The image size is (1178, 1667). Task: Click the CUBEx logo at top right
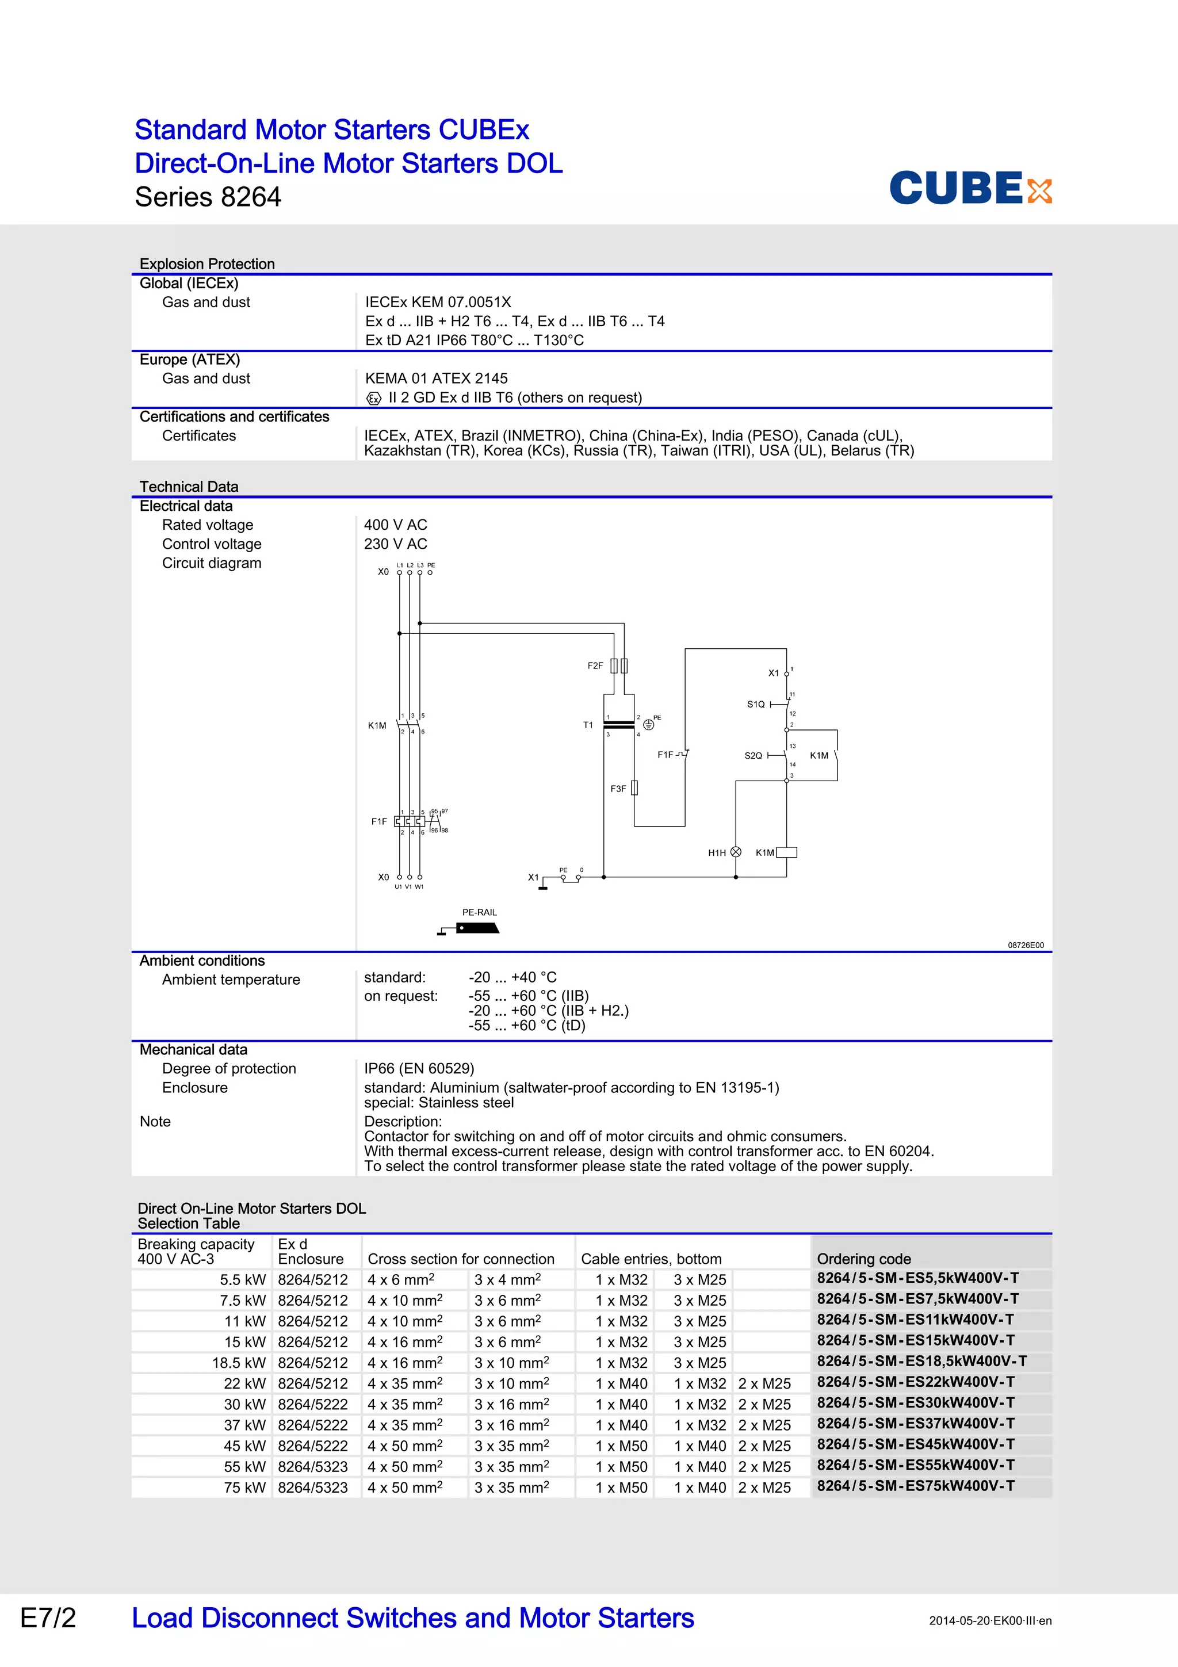970,188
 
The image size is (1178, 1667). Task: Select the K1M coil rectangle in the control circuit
787,852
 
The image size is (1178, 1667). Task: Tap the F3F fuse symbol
634,787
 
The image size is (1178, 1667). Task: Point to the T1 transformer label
588,725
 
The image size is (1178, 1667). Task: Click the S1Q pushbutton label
756,703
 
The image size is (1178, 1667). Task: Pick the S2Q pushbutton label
754,755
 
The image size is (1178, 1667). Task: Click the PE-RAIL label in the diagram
479,912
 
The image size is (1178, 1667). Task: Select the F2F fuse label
595,665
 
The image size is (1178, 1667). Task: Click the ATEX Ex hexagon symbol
374,398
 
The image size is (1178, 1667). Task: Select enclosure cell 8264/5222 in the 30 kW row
313,1404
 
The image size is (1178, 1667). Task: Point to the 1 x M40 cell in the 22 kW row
621,1383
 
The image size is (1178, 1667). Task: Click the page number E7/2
48,1618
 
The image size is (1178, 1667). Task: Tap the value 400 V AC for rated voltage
396,524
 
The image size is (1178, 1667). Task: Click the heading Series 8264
208,197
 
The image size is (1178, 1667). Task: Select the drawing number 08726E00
1026,945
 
